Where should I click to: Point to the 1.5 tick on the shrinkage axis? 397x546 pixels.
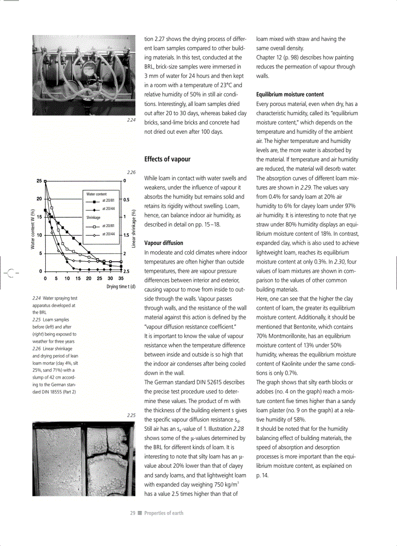(126, 235)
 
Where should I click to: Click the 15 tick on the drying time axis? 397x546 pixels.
(78, 279)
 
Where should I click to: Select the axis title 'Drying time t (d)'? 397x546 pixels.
(121, 286)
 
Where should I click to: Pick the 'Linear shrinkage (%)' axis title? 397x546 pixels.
(134, 226)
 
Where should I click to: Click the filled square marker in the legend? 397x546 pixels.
(90, 200)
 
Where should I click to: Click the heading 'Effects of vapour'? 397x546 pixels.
(167, 159)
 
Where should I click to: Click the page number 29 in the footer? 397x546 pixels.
(132, 513)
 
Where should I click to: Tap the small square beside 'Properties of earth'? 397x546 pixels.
(139, 513)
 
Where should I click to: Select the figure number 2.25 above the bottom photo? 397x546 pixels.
(130, 416)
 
